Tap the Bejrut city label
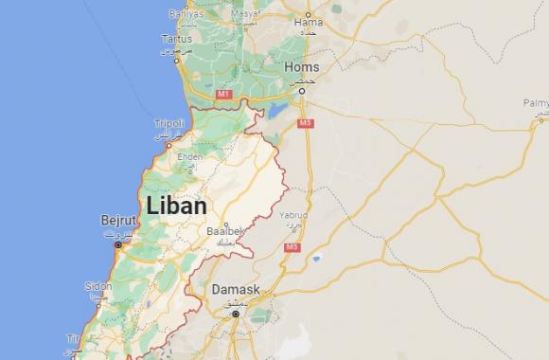coord(119,221)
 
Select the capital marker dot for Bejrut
coord(118,244)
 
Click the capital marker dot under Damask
coord(235,313)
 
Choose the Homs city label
coord(301,67)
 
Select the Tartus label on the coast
coord(177,40)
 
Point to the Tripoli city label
coord(169,123)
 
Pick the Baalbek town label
coord(224,230)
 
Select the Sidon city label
coord(98,285)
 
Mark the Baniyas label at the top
coord(186,14)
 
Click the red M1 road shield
coord(223,95)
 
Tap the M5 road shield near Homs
coord(305,123)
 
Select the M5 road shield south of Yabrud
coord(292,247)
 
